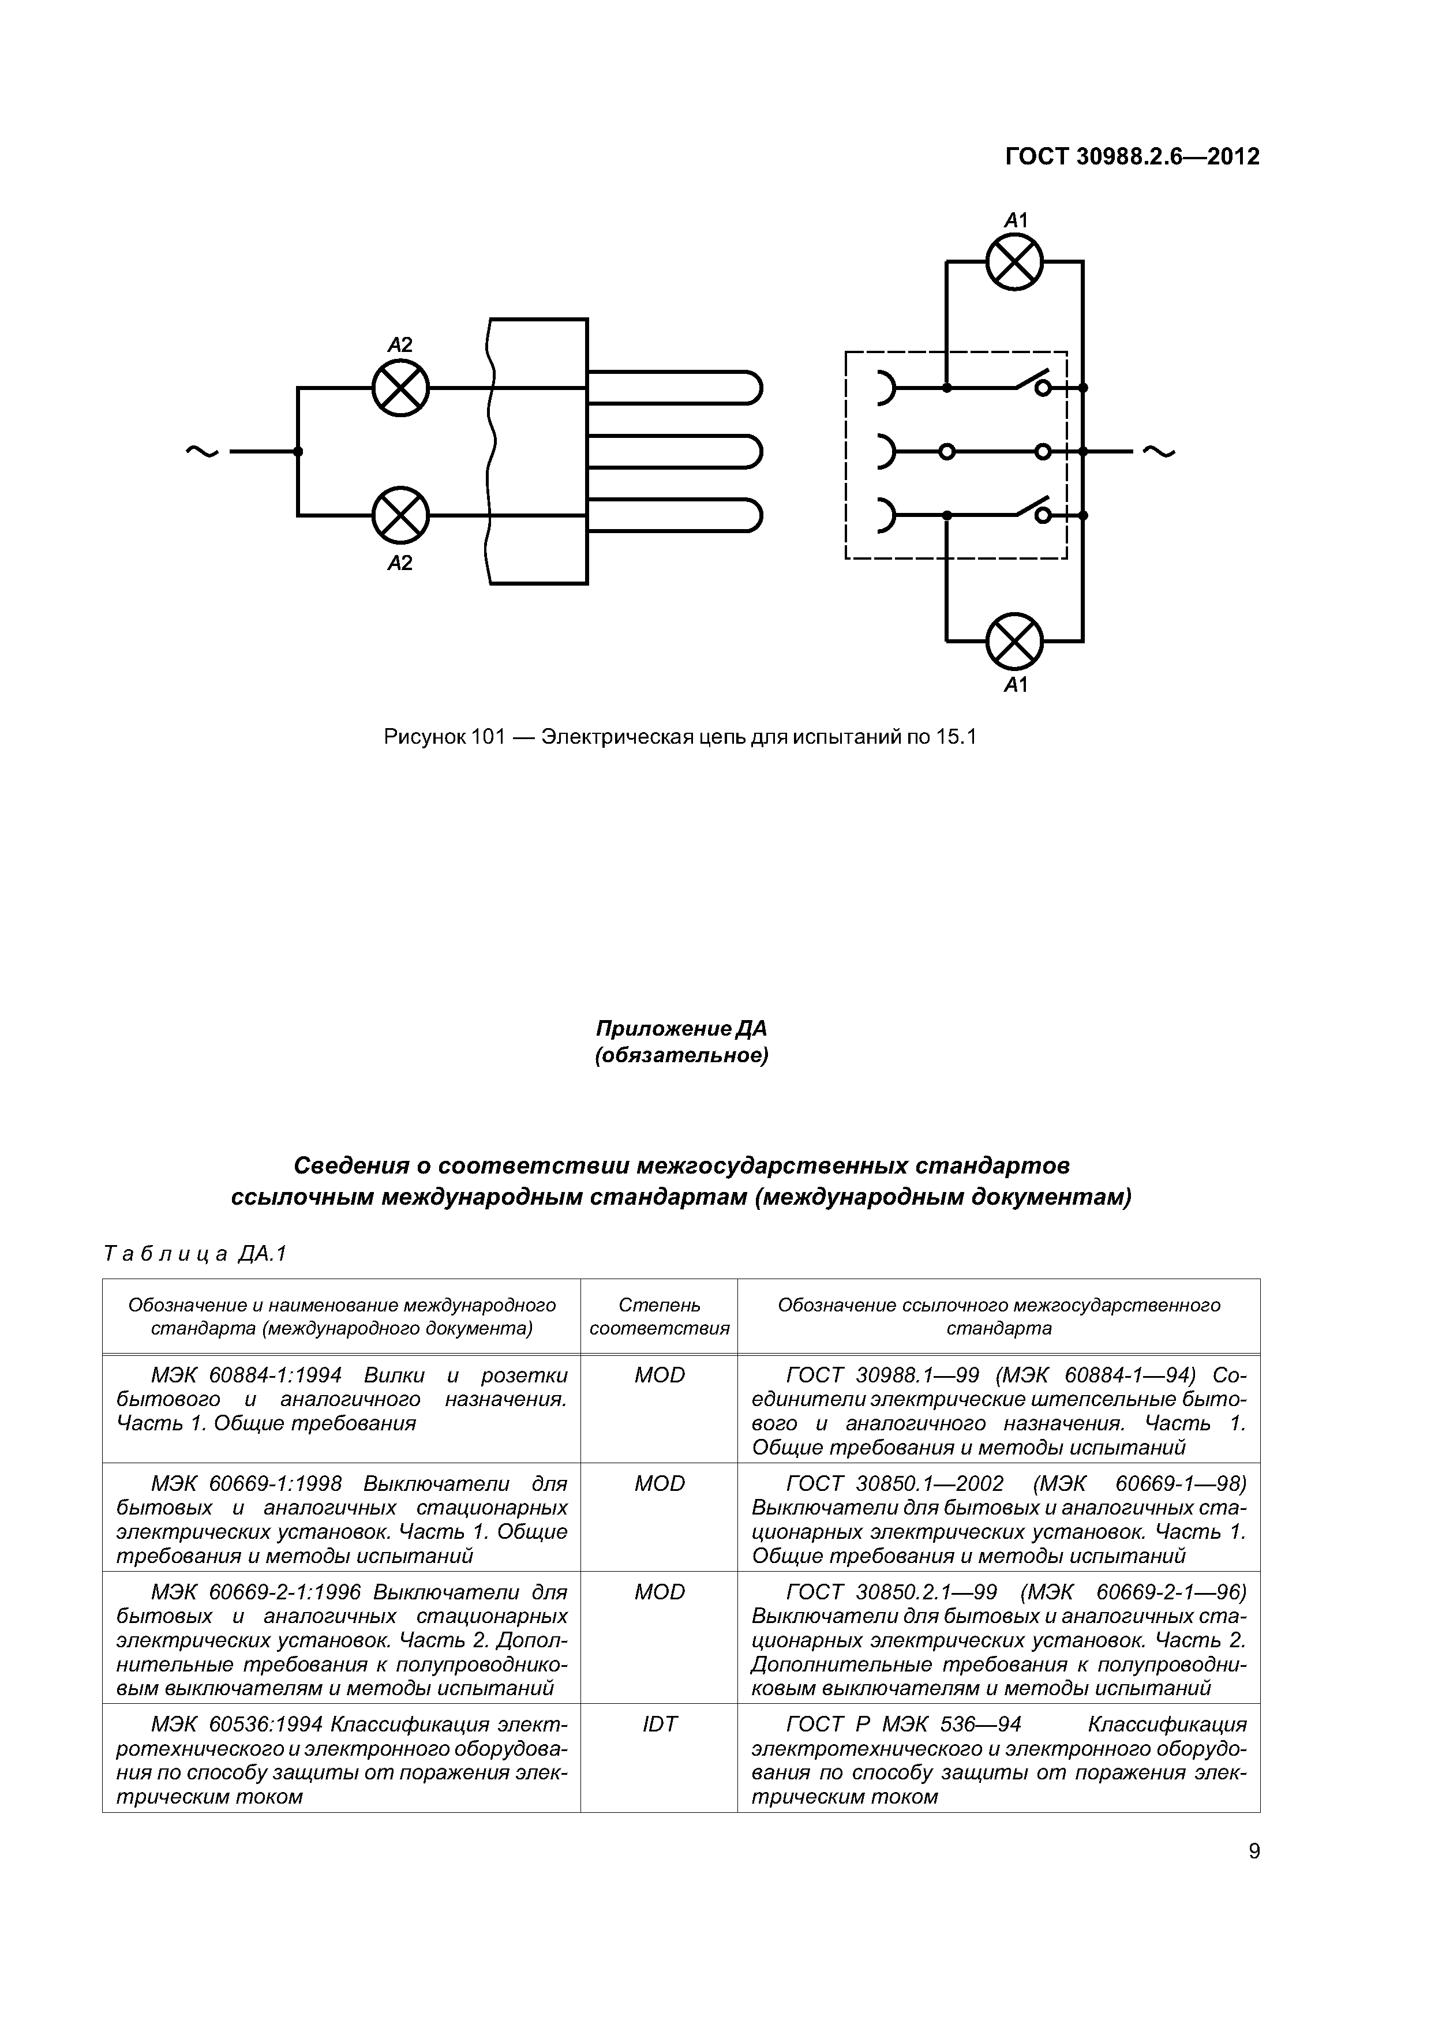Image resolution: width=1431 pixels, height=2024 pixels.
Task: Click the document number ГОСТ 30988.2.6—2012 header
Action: tap(1132, 157)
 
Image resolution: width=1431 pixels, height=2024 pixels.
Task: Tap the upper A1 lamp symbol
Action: tap(1014, 262)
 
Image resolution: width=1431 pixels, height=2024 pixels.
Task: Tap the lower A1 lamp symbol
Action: tap(1014, 641)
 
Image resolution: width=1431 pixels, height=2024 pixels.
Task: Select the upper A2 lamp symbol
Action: tap(400, 388)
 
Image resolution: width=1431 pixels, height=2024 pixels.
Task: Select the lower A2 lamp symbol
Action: tap(400, 515)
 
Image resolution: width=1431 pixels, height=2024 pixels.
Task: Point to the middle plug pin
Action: tap(675, 451)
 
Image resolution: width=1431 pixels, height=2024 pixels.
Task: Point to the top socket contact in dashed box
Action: tap(885, 388)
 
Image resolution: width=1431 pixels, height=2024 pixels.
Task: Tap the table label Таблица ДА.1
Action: tap(195, 1254)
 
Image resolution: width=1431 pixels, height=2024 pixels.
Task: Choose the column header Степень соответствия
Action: tap(660, 1316)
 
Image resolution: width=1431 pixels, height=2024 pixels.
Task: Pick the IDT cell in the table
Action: tap(660, 1725)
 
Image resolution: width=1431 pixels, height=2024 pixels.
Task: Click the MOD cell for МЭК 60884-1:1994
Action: tap(660, 1375)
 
